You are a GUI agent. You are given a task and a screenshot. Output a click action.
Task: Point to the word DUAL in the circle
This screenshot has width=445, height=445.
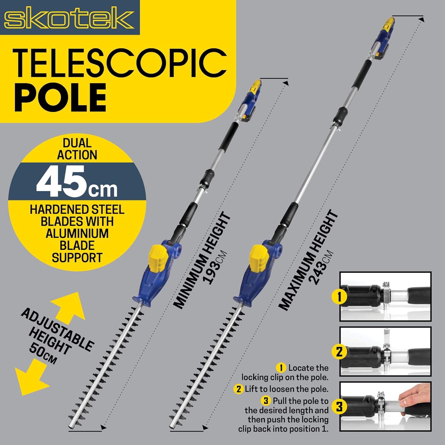(77, 143)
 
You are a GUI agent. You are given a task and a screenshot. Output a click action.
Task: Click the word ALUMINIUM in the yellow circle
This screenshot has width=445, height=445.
(77, 233)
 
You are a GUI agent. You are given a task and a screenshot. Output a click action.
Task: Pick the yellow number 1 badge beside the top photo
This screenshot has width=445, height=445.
(339, 296)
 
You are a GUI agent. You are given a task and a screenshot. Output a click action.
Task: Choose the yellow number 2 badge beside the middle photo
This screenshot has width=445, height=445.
(339, 352)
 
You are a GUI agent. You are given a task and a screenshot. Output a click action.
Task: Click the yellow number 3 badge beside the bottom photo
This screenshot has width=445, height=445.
(339, 406)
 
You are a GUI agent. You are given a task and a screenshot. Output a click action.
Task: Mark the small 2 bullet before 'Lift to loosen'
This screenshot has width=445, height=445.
(239, 389)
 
